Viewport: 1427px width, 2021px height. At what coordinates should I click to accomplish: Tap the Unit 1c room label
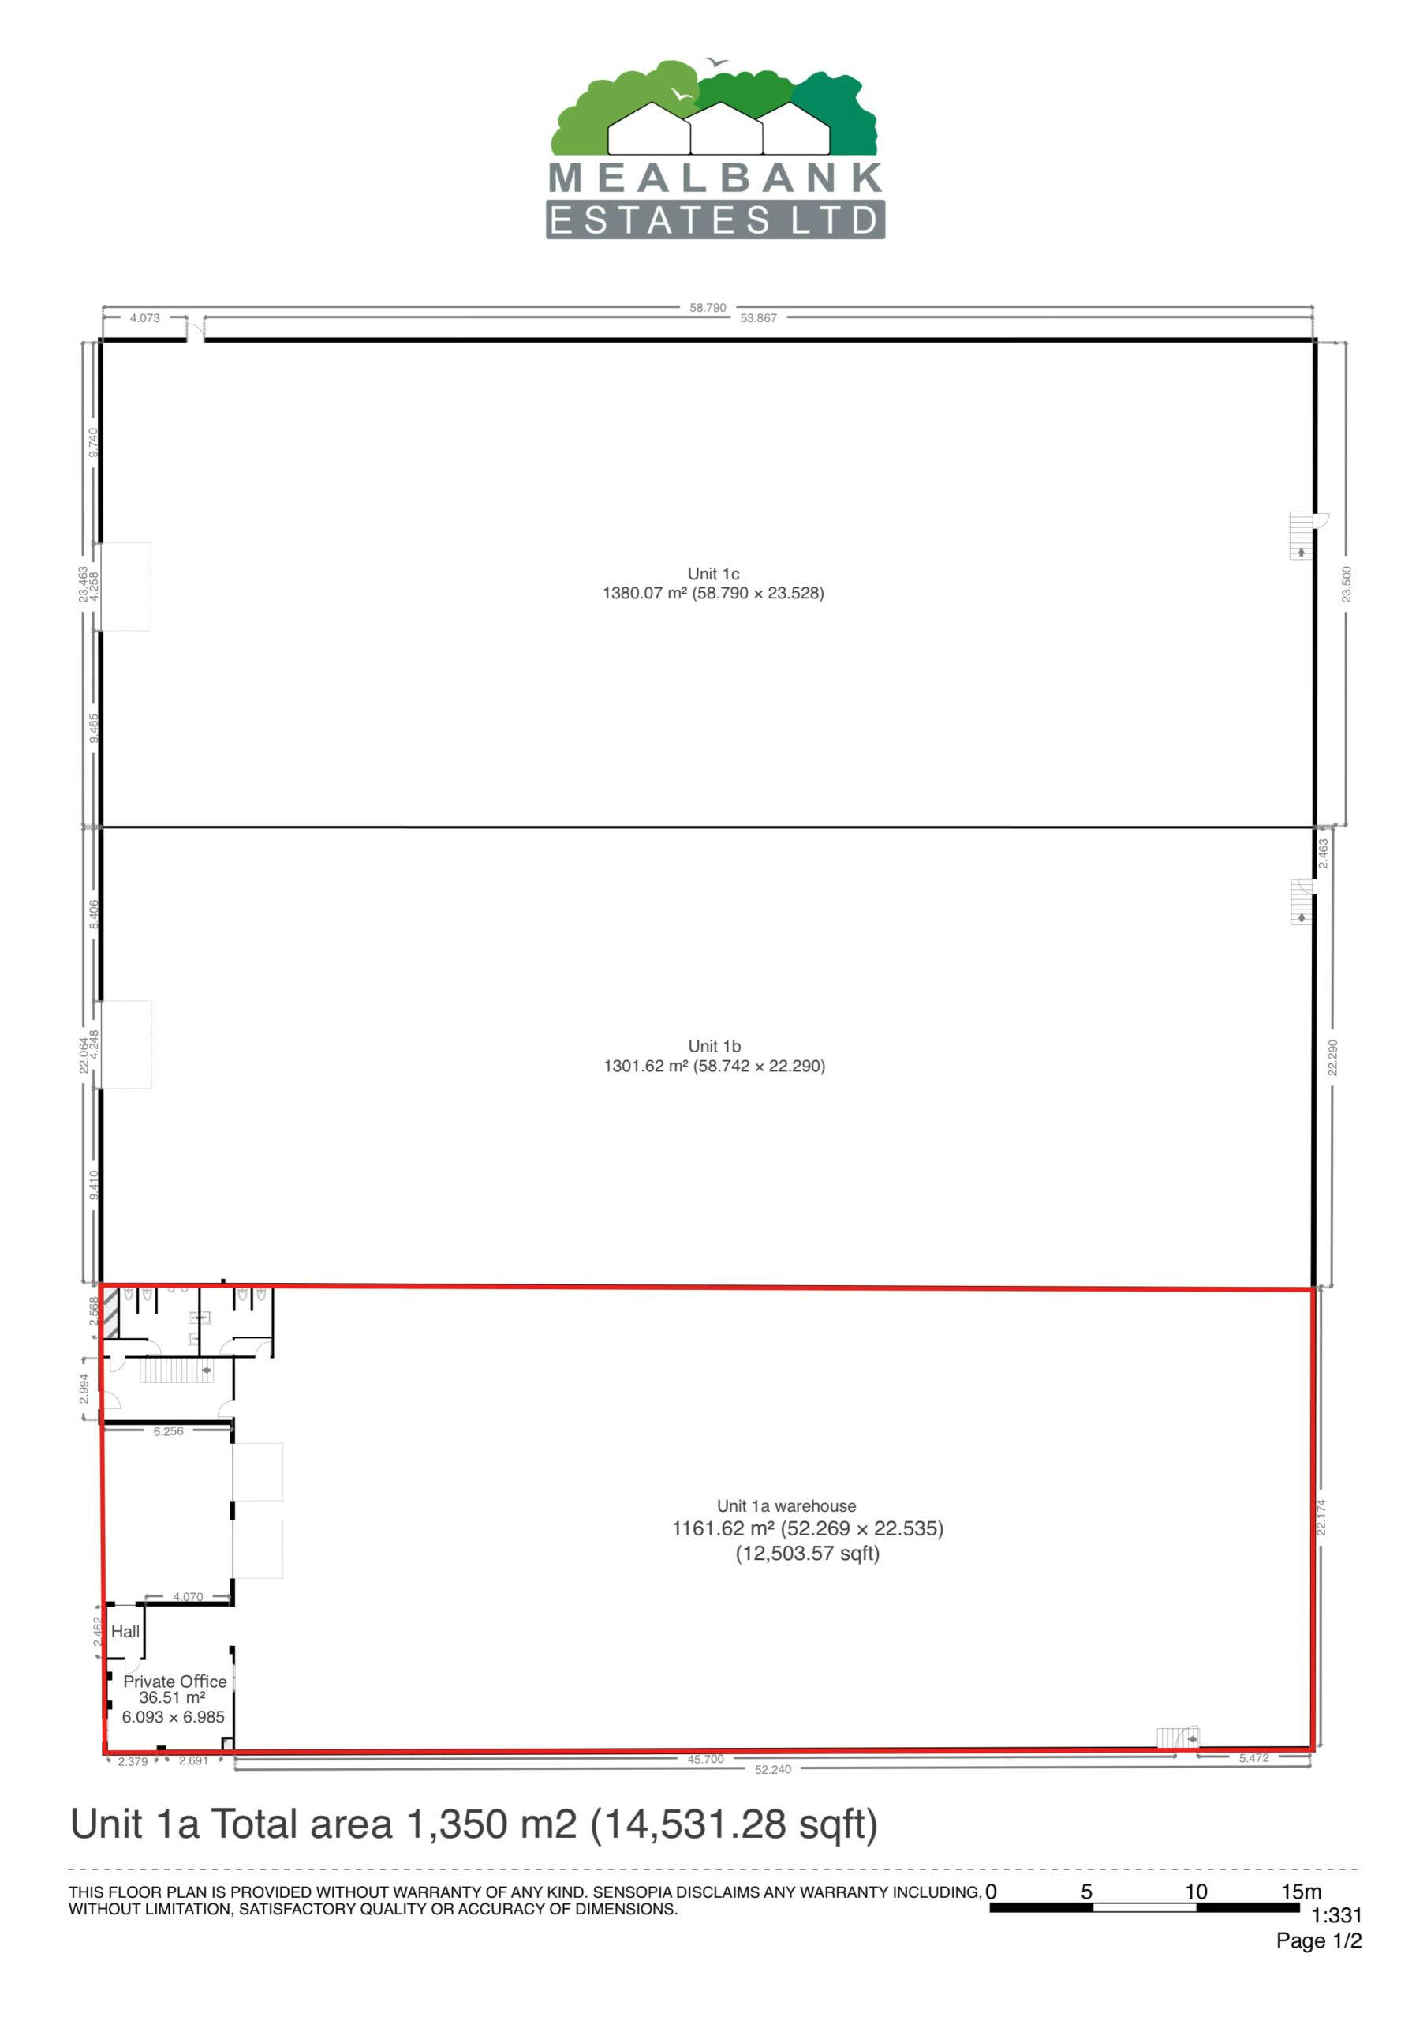point(713,574)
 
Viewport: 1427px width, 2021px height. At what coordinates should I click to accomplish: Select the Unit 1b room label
point(715,1047)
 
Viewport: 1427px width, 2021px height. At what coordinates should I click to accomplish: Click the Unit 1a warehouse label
point(786,1506)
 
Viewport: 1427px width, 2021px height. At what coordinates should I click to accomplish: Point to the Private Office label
point(175,1682)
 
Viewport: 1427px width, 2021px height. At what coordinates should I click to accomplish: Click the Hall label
point(125,1631)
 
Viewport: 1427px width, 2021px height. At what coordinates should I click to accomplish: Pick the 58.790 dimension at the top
point(708,308)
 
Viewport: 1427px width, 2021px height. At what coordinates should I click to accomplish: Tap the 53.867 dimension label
point(758,319)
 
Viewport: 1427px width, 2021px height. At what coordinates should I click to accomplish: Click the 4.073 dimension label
point(145,319)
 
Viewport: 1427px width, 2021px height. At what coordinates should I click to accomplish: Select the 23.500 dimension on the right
point(1346,584)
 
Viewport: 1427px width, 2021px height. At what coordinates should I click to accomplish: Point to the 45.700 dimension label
point(705,1759)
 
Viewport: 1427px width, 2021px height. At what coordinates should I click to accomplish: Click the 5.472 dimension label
point(1253,1758)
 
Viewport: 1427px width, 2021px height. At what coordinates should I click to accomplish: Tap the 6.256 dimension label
point(169,1431)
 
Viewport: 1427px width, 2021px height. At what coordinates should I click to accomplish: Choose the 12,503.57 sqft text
point(808,1554)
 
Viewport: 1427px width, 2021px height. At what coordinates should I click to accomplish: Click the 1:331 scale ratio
point(1336,1915)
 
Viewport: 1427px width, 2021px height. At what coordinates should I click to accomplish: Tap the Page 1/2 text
point(1319,1941)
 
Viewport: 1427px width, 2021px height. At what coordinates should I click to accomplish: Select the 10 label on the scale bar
point(1196,1892)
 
